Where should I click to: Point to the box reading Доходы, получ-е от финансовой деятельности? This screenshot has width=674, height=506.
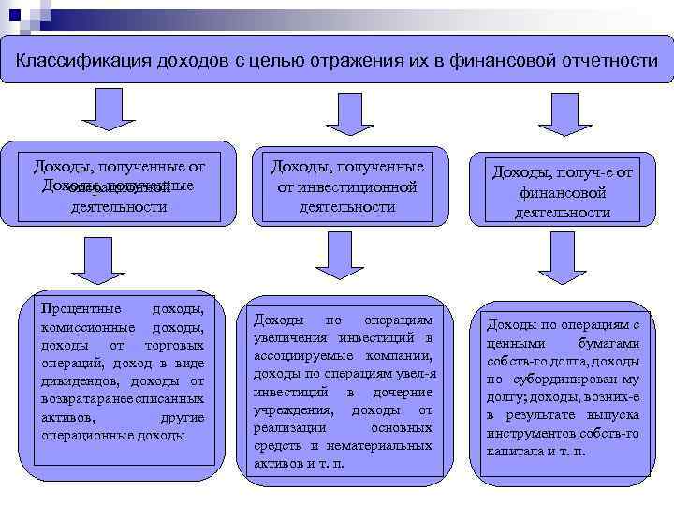tap(562, 192)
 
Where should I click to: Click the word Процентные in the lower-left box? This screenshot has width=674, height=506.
tap(81, 309)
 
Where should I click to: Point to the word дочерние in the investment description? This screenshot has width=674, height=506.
tap(406, 392)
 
